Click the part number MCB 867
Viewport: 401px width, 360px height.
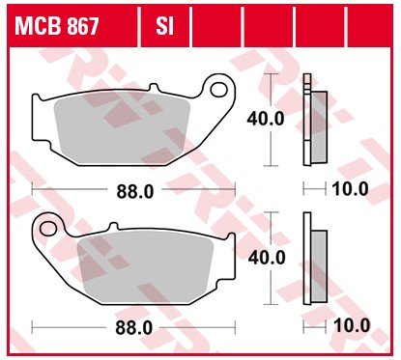pyautogui.click(x=56, y=26)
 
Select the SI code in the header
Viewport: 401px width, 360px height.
pyautogui.click(x=164, y=26)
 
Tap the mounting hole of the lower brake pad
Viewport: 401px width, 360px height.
pyautogui.click(x=48, y=228)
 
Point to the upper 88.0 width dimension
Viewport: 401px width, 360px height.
pyautogui.click(x=134, y=190)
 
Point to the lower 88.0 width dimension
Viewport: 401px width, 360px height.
pyautogui.click(x=134, y=327)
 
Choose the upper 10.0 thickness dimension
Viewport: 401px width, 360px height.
pyautogui.click(x=350, y=189)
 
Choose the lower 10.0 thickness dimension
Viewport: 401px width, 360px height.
pyautogui.click(x=350, y=326)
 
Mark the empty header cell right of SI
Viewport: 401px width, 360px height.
pyautogui.click(x=215, y=26)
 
